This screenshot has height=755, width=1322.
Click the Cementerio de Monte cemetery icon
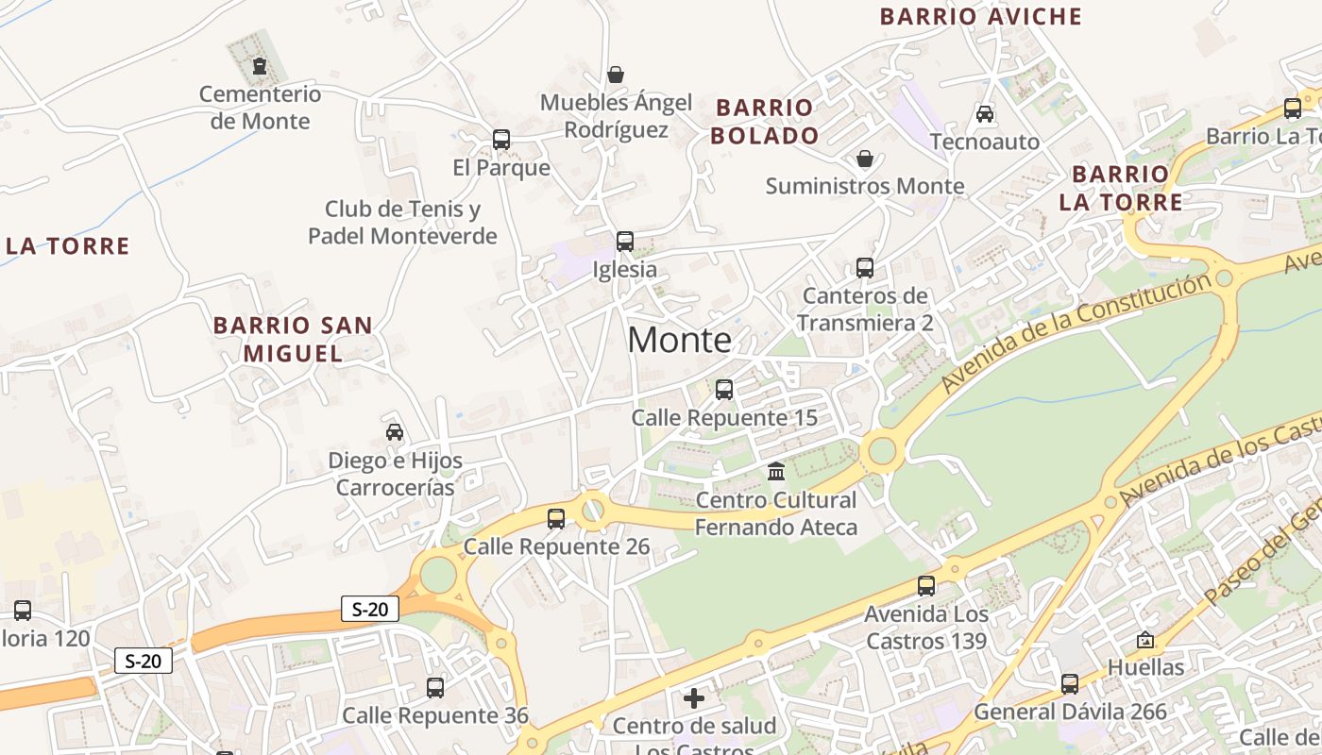click(259, 66)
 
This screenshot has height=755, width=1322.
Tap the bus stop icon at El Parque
click(501, 140)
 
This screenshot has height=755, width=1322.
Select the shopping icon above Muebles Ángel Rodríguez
click(616, 75)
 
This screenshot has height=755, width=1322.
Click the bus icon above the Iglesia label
click(625, 241)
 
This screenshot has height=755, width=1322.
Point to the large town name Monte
click(679, 340)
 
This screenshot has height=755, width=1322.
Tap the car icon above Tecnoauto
click(985, 113)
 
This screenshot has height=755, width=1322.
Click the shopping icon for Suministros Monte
click(864, 159)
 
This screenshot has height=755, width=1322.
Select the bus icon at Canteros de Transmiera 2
click(865, 267)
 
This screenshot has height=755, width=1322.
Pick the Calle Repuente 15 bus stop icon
click(724, 389)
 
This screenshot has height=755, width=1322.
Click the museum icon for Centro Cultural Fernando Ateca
click(776, 471)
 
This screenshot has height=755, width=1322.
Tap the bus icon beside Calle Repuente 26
click(556, 518)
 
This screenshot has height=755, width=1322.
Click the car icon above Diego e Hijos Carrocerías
click(395, 432)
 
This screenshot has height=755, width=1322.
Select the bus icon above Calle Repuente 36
click(435, 687)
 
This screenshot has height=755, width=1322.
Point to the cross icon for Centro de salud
click(694, 698)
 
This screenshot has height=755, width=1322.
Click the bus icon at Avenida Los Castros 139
click(926, 585)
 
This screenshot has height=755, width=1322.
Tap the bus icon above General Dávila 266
click(1070, 683)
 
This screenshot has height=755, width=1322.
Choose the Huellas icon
click(1145, 640)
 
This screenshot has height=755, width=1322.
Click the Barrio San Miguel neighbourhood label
click(293, 339)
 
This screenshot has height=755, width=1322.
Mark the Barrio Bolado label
click(765, 122)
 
